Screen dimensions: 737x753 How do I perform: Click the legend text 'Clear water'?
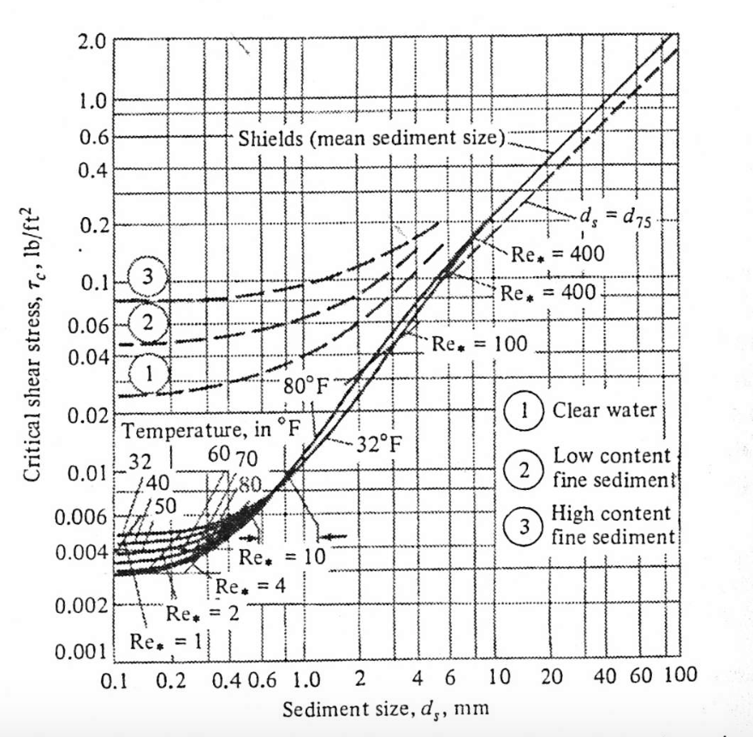(x=603, y=410)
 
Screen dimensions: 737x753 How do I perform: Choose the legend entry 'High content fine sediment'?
(x=613, y=525)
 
